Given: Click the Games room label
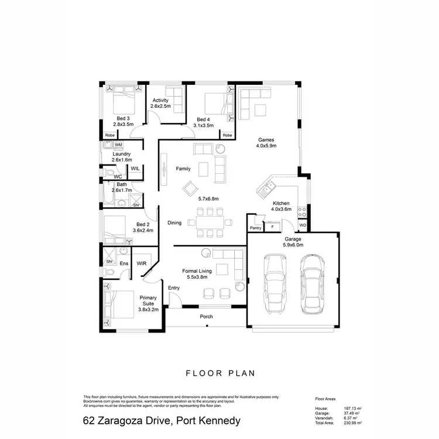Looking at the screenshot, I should pyautogui.click(x=266, y=139).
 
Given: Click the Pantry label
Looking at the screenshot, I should pyautogui.click(x=255, y=228).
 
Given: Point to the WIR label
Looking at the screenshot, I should pyautogui.click(x=141, y=263).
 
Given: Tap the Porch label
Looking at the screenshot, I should pyautogui.click(x=206, y=317).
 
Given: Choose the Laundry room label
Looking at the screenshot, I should pyautogui.click(x=122, y=154).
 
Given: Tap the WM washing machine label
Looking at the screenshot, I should pyautogui.click(x=118, y=145).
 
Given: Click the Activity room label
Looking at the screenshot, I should pyautogui.click(x=160, y=100).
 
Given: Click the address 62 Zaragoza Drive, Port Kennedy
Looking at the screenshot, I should pyautogui.click(x=162, y=421).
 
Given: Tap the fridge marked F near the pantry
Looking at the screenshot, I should pyautogui.click(x=272, y=227).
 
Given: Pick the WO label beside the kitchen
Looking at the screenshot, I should pyautogui.click(x=303, y=224).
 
